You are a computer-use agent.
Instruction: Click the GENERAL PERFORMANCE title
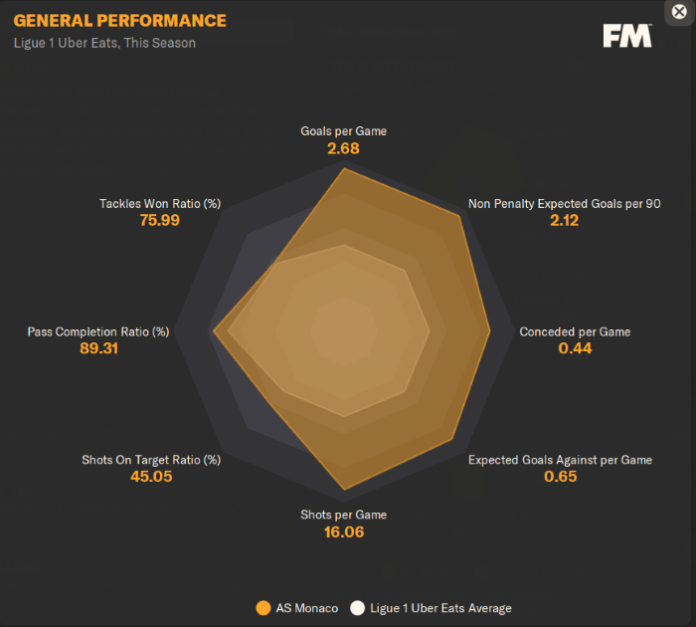[x=119, y=21]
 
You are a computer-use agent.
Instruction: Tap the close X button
[x=679, y=12]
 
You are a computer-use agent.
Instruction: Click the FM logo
[x=626, y=36]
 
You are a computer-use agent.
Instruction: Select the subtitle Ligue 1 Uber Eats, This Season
[x=104, y=43]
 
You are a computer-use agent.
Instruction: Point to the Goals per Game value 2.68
[x=343, y=148]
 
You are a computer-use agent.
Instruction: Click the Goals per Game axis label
[x=343, y=130]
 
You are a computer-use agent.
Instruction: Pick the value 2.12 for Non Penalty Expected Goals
[x=564, y=220]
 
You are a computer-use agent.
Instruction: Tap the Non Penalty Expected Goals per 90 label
[x=565, y=204]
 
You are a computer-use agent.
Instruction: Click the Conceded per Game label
[x=575, y=331]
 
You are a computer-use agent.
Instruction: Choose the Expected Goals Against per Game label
[x=560, y=460]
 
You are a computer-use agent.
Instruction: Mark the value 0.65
[x=560, y=477]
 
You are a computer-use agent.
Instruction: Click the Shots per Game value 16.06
[x=343, y=532]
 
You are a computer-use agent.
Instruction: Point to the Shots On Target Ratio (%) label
[x=151, y=460]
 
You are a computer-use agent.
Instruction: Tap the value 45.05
[x=151, y=477]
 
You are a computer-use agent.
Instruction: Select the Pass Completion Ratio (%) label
[x=98, y=331]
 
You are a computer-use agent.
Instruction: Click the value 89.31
[x=98, y=348]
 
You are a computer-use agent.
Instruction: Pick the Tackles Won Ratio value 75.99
[x=159, y=220]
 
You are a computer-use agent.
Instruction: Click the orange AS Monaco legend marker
[x=263, y=608]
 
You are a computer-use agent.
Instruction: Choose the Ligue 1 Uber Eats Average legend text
[x=440, y=608]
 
